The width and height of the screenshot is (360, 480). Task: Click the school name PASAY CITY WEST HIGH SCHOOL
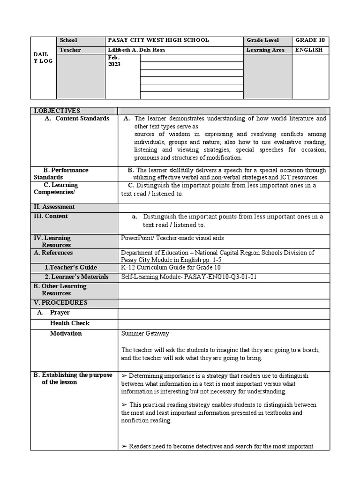(158, 41)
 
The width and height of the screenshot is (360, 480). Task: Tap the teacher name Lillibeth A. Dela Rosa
(136, 50)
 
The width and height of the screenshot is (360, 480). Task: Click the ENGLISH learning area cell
(308, 50)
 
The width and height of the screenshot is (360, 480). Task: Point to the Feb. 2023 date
(114, 61)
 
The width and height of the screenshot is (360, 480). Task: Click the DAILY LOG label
(43, 58)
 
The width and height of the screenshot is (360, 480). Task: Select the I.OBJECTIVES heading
(57, 111)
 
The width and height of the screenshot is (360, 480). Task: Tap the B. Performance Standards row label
(61, 173)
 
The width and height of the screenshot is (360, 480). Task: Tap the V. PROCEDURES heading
(60, 303)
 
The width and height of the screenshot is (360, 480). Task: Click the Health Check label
(69, 323)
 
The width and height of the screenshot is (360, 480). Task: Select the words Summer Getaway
(145, 334)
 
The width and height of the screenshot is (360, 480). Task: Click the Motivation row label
(66, 334)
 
